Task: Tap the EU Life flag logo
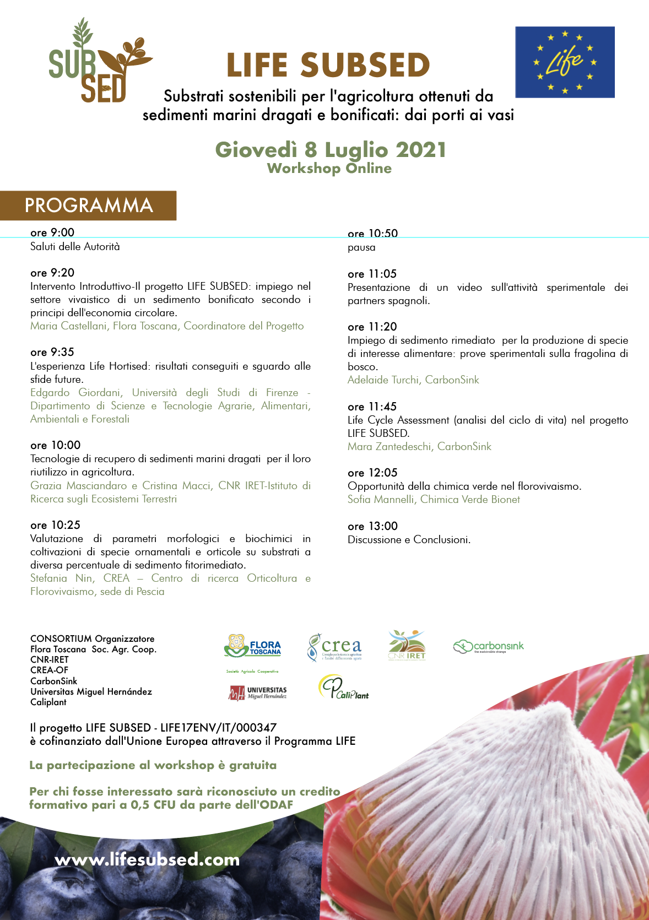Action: coord(565,62)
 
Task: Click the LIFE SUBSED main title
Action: coord(328,65)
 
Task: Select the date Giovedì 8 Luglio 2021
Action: coord(330,150)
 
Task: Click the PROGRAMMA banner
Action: coord(88,205)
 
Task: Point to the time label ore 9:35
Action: coord(52,352)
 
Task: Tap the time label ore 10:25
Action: coord(55,525)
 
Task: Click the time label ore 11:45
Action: coord(372,407)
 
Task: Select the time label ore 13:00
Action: coord(372,526)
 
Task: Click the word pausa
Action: coord(361,247)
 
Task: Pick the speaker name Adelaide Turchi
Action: coord(383,380)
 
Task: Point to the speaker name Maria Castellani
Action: coord(68,326)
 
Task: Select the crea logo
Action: coord(334,647)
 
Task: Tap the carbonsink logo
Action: coord(488,646)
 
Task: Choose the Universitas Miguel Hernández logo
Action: coord(258,692)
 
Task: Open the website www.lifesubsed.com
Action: coord(147,859)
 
